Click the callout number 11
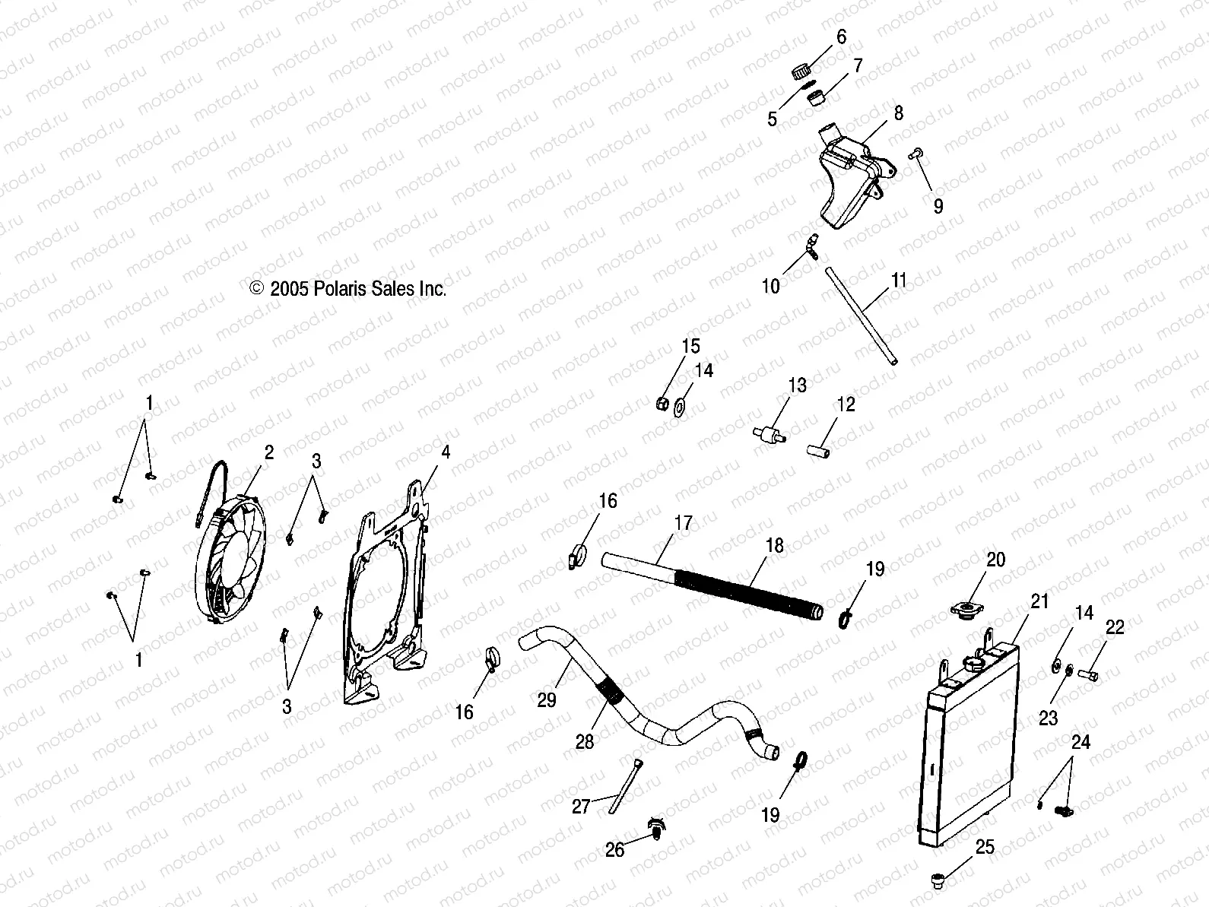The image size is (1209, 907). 899,280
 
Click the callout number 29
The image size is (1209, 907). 547,699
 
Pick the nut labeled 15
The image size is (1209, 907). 662,403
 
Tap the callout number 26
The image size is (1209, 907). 614,850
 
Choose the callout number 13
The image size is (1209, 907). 796,385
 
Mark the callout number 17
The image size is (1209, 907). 684,523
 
